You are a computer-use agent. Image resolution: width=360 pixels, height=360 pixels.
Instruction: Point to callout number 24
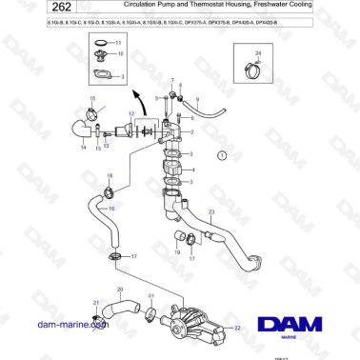257,53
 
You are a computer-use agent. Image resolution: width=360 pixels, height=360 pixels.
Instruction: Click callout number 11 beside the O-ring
118,44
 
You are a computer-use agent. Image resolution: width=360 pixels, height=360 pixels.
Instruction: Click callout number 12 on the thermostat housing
131,112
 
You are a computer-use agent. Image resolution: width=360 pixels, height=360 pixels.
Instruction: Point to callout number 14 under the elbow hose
83,149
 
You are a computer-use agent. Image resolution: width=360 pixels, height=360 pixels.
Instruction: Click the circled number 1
221,154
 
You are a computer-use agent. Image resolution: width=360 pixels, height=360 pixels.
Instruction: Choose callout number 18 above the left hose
110,175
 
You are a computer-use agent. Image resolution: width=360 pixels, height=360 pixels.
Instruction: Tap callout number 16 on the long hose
111,208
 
